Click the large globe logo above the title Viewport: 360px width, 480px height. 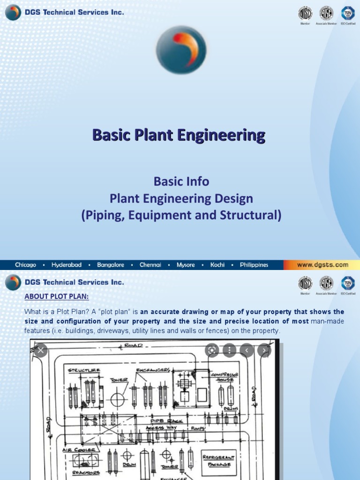[181, 50]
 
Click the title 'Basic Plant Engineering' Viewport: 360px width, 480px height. [179, 135]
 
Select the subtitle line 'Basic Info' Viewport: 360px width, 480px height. [182, 181]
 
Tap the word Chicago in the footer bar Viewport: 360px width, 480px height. [25, 265]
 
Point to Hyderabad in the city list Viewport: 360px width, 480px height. [66, 265]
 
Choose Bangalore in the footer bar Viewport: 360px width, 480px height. [111, 265]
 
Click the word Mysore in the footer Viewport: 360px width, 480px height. [186, 265]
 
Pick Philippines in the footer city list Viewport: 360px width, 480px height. [254, 265]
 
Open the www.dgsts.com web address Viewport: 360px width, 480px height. [322, 265]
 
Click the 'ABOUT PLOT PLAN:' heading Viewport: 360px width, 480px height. [56, 298]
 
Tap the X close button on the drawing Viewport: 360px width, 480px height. [41, 350]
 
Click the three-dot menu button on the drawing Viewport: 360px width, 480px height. [229, 350]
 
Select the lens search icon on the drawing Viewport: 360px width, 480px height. [212, 350]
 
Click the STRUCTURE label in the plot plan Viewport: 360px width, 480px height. [84, 370]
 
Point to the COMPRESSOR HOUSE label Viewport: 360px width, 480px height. [225, 377]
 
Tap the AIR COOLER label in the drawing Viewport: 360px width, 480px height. [80, 450]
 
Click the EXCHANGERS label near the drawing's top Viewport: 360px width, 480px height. [153, 370]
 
